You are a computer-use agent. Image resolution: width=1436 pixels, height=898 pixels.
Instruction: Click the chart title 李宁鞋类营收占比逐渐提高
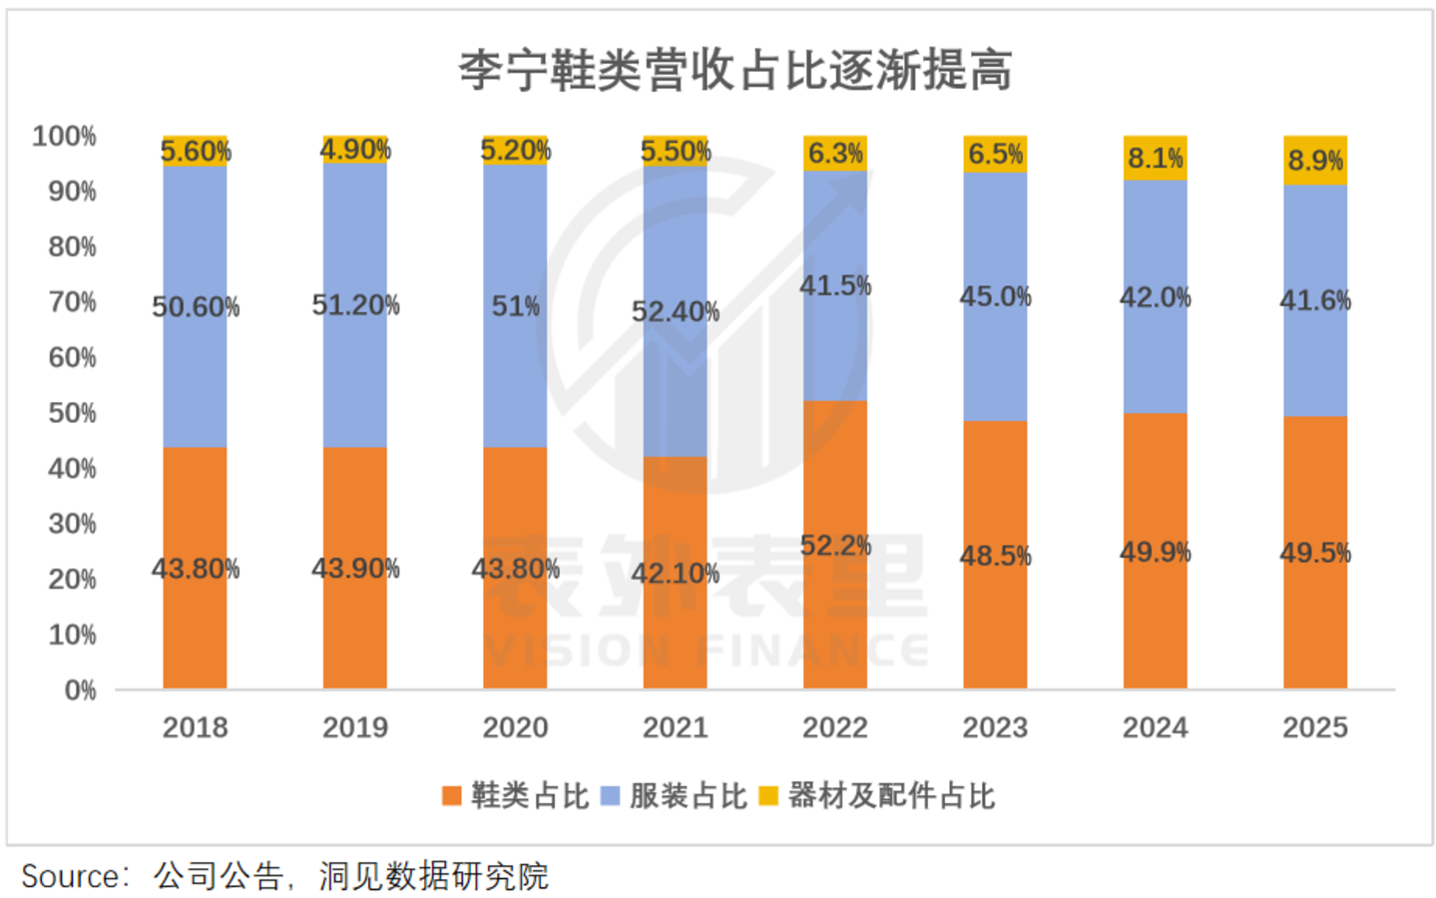(735, 70)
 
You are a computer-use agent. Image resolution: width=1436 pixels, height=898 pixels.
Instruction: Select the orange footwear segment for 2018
(195, 568)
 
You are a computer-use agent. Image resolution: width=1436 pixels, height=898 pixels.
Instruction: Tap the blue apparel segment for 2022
(835, 286)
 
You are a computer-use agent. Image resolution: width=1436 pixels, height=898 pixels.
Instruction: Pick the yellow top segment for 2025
(1315, 161)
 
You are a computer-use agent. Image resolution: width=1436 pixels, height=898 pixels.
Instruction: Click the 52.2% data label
(836, 546)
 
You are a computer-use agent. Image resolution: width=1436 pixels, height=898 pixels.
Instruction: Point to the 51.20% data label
(356, 304)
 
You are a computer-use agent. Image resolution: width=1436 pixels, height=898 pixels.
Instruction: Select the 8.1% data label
(1156, 158)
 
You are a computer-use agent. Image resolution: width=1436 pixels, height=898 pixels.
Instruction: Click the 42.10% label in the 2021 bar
(676, 573)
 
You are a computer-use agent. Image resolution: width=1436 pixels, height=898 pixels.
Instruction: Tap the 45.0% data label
(996, 296)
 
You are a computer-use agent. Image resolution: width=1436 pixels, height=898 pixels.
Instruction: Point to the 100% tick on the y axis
(64, 136)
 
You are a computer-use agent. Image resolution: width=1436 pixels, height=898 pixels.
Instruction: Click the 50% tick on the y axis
(72, 413)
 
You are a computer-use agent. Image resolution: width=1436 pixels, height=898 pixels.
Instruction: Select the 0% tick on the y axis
(80, 690)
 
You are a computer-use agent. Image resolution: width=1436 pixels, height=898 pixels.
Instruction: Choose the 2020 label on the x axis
(515, 727)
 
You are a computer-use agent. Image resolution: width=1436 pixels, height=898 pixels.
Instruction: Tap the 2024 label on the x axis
(1156, 727)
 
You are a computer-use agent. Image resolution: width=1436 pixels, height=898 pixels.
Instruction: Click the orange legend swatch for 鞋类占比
(452, 796)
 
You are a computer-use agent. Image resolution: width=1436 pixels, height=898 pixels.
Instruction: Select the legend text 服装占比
(689, 796)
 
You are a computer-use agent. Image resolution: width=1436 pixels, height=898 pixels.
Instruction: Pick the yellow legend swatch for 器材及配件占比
(768, 796)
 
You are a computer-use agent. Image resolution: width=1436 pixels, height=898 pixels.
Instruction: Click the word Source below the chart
(71, 876)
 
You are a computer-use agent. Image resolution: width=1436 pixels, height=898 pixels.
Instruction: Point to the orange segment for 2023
(996, 555)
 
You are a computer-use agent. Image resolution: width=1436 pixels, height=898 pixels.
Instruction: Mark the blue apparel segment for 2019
(355, 305)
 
